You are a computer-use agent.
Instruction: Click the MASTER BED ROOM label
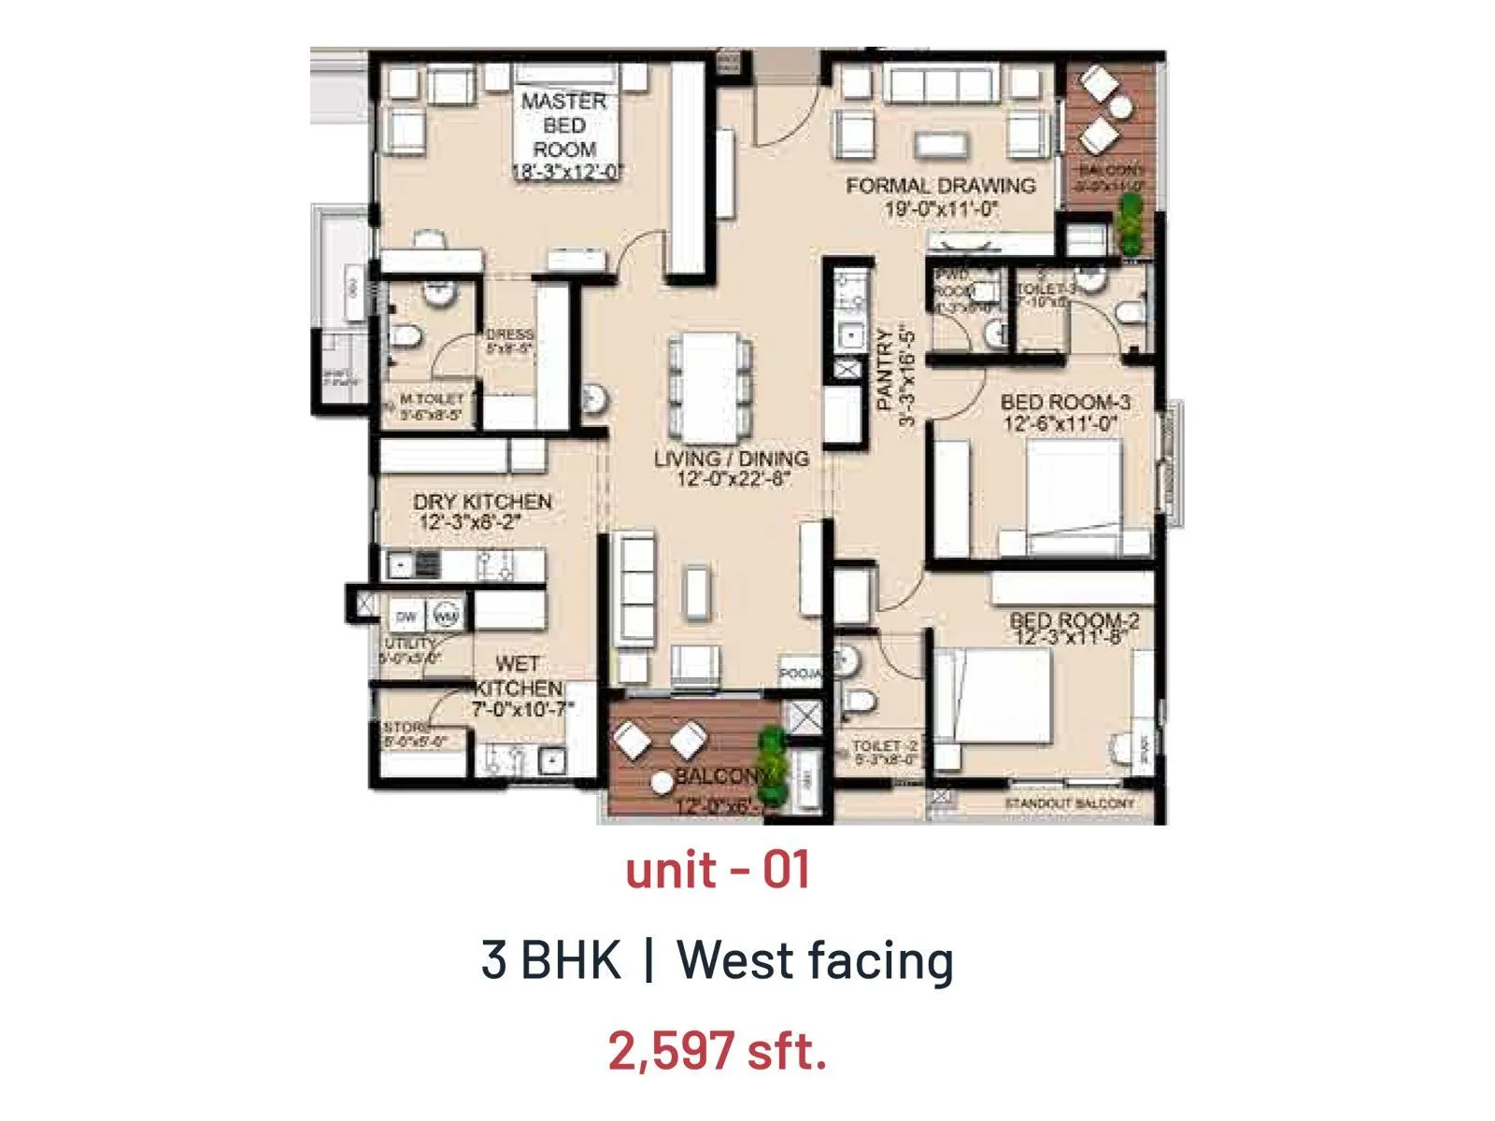[564, 125]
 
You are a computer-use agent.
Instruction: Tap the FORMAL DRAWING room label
[941, 186]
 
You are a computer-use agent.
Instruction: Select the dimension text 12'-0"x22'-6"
[733, 480]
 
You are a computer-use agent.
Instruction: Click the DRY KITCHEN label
[482, 502]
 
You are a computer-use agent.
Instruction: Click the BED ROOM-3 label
[1065, 403]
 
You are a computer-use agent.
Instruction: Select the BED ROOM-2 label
[1075, 621]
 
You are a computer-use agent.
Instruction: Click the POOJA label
[801, 674]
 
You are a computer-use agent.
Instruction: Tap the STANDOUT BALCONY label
[1069, 803]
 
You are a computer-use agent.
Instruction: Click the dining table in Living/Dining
[709, 387]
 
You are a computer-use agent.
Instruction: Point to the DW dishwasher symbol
[406, 617]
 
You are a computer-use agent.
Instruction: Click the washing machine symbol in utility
[448, 617]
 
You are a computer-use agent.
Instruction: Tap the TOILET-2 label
[885, 746]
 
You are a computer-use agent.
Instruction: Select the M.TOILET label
[431, 399]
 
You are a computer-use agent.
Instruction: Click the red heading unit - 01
[717, 870]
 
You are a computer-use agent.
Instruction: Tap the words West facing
[814, 959]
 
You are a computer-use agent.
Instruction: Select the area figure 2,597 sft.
[717, 1050]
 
